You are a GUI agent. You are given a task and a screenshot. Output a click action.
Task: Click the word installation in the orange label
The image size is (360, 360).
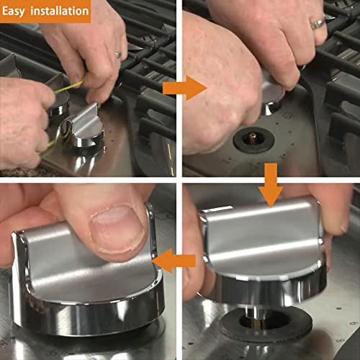[x=60, y=12]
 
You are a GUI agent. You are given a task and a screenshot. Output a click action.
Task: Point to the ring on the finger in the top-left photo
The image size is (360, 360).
[x=118, y=54]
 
